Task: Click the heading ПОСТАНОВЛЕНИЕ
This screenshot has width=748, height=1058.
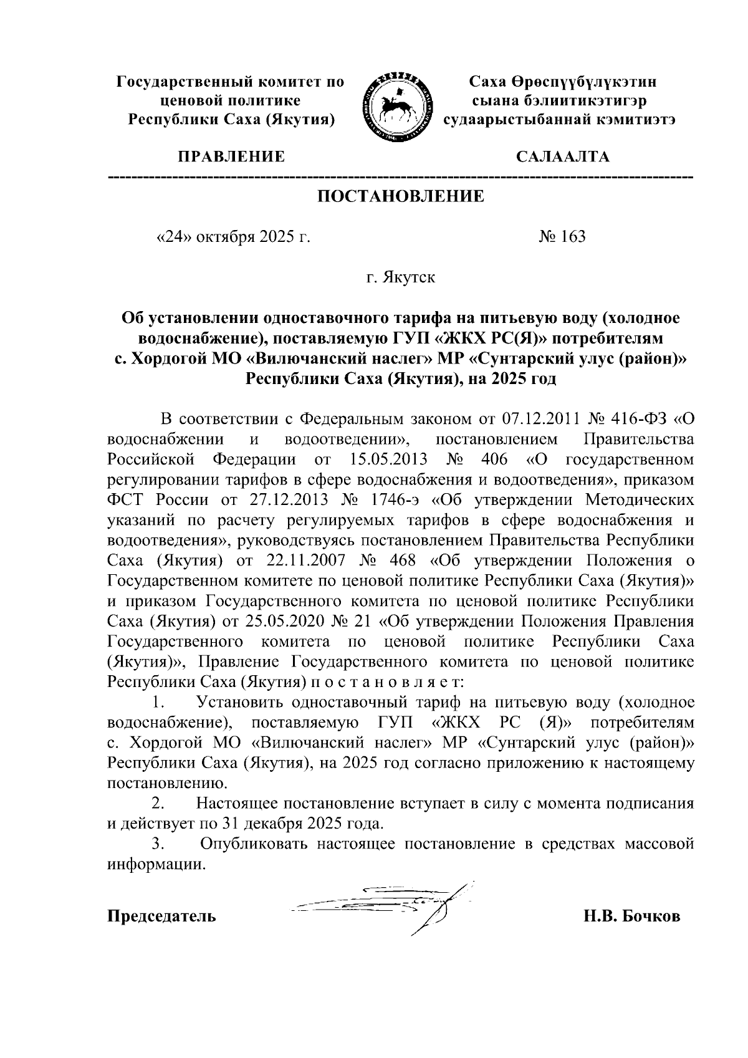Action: coord(401,197)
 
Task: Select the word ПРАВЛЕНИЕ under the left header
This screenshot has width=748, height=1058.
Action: coord(231,156)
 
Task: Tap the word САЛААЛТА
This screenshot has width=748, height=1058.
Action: coord(563,156)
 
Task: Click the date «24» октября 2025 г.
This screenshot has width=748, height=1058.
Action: coord(233,237)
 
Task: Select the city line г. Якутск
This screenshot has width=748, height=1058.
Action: coord(401,277)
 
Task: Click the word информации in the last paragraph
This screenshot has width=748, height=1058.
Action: coord(156,865)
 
